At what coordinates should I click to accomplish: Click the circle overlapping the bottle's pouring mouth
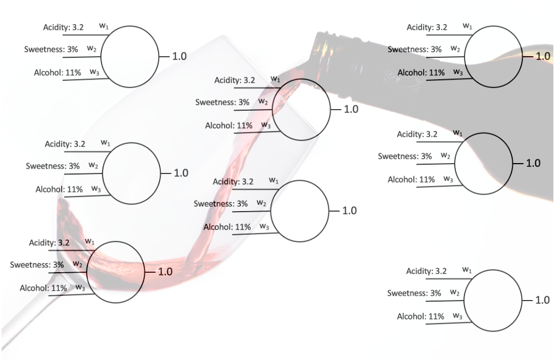[x=301, y=110]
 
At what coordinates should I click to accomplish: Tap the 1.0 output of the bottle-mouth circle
[x=351, y=110]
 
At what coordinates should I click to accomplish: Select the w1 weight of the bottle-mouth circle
[x=275, y=79]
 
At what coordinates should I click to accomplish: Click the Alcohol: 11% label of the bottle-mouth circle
[x=228, y=125]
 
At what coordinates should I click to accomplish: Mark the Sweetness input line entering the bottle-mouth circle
[x=253, y=110]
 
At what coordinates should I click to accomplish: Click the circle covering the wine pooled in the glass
[x=116, y=272]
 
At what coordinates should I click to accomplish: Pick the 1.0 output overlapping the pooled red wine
[x=165, y=272]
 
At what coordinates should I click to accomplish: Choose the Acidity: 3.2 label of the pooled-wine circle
[x=49, y=243]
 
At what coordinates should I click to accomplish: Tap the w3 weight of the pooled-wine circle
[x=80, y=287]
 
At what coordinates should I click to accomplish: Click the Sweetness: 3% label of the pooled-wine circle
[x=37, y=265]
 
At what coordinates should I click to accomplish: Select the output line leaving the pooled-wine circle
[x=150, y=272]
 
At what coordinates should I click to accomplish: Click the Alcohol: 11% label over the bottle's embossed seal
[x=421, y=73]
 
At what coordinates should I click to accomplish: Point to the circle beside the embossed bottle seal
[x=493, y=57]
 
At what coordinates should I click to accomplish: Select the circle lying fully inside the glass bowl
[x=131, y=173]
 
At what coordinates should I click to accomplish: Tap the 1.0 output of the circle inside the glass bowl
[x=180, y=173]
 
